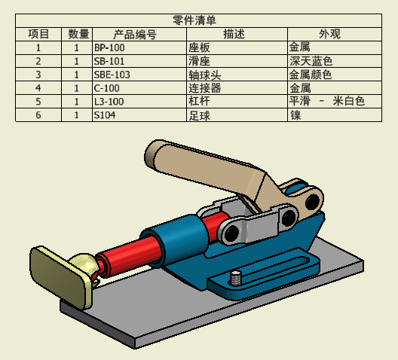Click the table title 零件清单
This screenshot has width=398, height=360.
pyautogui.click(x=194, y=20)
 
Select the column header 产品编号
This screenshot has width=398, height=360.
pyautogui.click(x=134, y=34)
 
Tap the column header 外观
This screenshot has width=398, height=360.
pyautogui.click(x=329, y=34)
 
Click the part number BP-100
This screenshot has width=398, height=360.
pyautogui.click(x=109, y=47)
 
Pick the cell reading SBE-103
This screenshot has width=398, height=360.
pyautogui.click(x=112, y=75)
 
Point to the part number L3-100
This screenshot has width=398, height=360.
pyautogui.click(x=109, y=102)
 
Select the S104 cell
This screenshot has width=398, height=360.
pyautogui.click(x=105, y=115)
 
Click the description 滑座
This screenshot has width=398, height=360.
pyautogui.click(x=199, y=61)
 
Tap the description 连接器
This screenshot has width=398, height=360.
pyautogui.click(x=204, y=88)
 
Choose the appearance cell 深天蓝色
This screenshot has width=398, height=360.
pyautogui.click(x=311, y=61)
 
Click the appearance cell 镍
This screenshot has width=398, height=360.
pyautogui.click(x=295, y=115)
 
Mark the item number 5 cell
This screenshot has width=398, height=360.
pyautogui.click(x=38, y=102)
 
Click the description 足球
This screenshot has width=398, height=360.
pyautogui.click(x=199, y=115)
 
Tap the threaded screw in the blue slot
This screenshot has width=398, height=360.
pyautogui.click(x=235, y=278)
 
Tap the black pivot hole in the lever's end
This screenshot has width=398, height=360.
pyautogui.click(x=313, y=201)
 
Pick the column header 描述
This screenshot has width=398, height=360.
pyautogui.click(x=234, y=34)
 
